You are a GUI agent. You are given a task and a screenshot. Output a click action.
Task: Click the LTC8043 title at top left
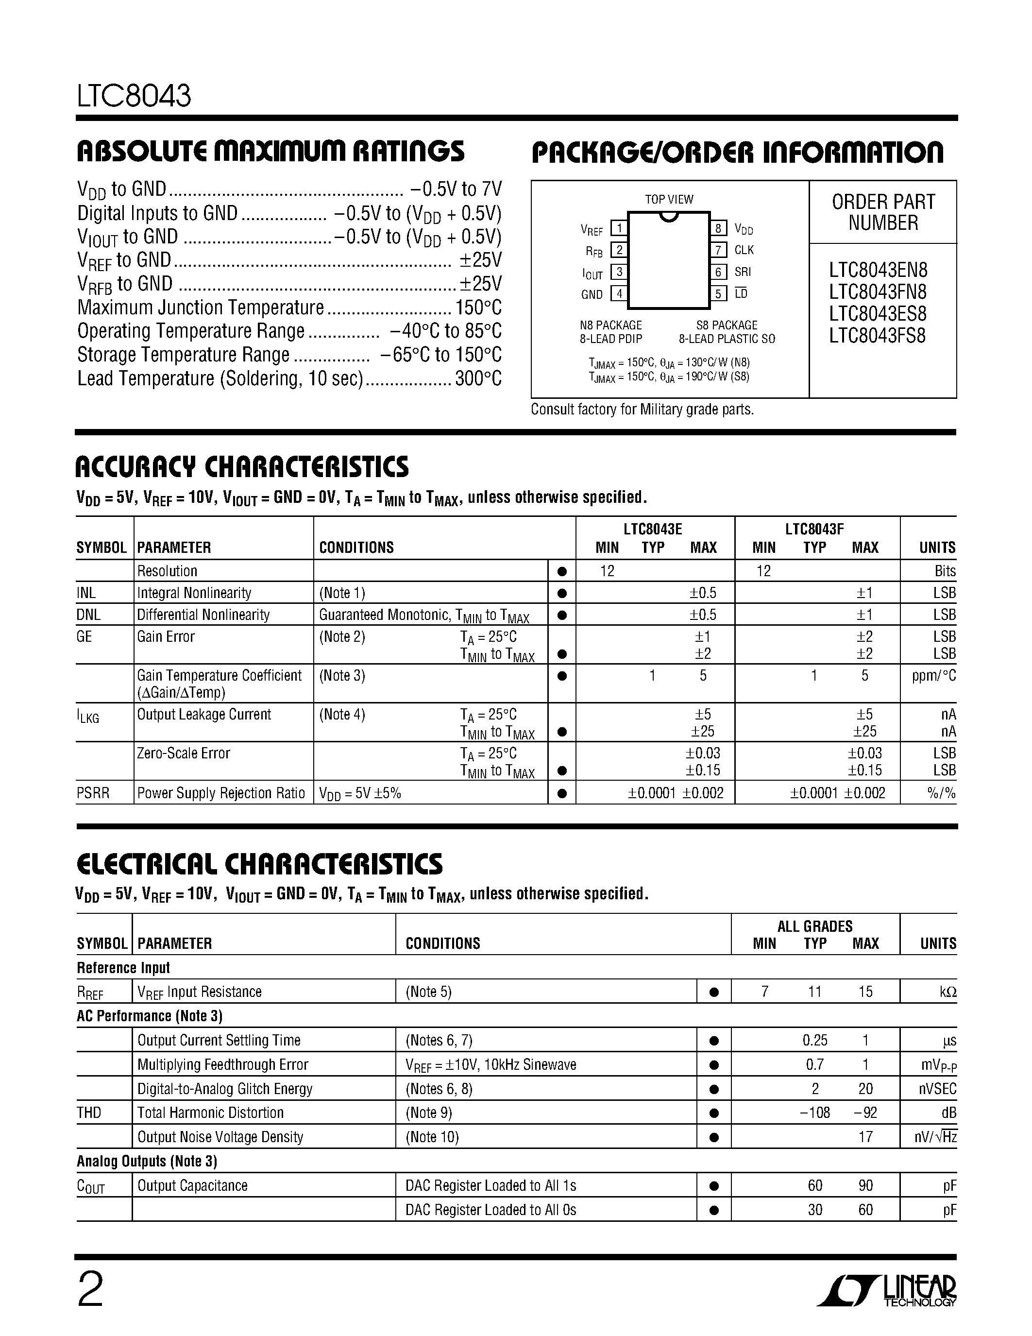134,96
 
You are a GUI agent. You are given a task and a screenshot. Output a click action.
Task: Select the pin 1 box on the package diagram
619,229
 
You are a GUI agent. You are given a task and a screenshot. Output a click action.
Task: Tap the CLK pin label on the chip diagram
744,250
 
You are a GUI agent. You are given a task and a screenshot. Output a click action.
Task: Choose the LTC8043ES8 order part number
878,314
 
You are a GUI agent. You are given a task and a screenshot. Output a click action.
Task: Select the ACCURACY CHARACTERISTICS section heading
242,467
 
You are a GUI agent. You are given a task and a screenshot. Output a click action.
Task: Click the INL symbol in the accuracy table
86,593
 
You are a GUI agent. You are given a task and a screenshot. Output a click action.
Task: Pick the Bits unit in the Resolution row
945,571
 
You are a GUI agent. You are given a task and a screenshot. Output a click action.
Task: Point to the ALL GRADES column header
814,926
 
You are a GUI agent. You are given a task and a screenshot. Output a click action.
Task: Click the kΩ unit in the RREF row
947,992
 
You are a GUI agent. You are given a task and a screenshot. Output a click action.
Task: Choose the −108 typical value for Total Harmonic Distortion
814,1113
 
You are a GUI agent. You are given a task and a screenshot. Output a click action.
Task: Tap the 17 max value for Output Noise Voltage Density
865,1137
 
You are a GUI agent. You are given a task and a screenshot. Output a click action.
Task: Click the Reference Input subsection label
123,968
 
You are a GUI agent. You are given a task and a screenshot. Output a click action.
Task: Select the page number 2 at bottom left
90,1291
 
